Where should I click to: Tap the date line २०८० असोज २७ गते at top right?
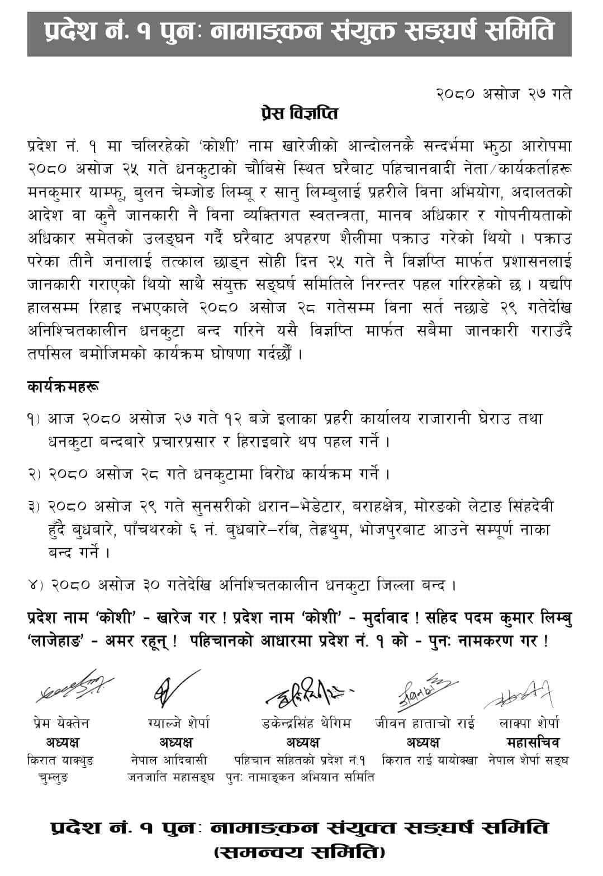[503, 94]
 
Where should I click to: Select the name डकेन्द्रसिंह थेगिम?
[306, 724]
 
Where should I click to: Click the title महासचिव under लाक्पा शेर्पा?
[532, 743]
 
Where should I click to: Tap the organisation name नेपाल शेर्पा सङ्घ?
[527, 760]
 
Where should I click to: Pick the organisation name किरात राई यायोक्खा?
[429, 760]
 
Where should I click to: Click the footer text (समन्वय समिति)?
[299, 853]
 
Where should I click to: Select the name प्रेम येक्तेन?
[60, 724]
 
